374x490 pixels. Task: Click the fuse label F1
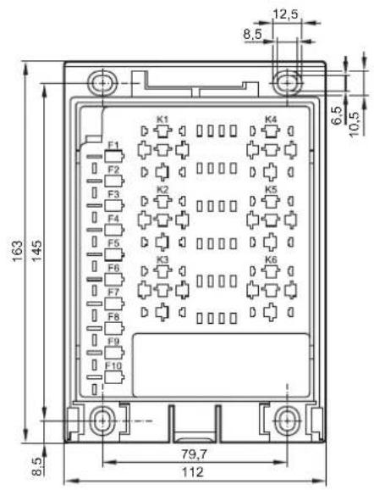point(113,146)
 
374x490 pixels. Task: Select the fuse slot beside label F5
point(114,254)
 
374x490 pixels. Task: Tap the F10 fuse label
point(113,366)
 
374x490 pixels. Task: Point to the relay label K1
point(162,120)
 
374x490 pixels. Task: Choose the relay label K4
point(271,120)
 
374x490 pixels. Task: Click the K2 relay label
point(162,190)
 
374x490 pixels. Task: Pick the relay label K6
point(271,259)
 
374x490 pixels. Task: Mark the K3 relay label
point(162,259)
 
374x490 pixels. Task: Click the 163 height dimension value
point(17,251)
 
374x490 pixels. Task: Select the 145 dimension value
point(36,251)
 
